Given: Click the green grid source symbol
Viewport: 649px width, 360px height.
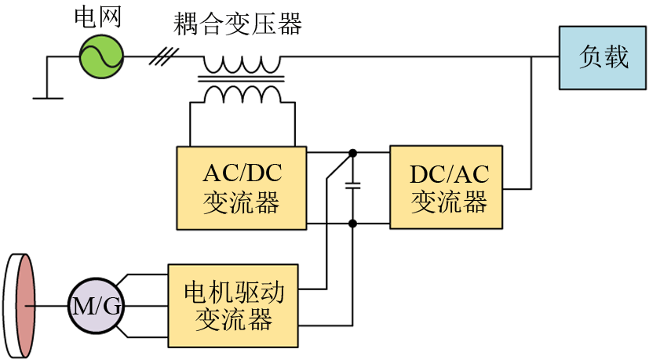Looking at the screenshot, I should tap(102, 56).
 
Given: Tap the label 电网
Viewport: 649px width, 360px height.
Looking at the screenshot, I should tap(97, 16).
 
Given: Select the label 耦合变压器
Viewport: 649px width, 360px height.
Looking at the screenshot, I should tap(237, 24).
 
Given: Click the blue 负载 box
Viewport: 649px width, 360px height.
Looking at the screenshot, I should tap(603, 57).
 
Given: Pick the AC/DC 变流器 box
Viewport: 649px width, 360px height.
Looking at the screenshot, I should tap(241, 187).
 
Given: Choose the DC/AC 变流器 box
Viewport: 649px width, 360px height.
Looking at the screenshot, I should tap(446, 187).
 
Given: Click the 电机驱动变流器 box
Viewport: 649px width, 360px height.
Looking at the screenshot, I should tap(233, 306).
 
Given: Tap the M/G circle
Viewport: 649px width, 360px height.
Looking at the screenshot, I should tap(97, 307).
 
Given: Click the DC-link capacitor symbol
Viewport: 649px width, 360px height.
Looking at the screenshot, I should tap(352, 186).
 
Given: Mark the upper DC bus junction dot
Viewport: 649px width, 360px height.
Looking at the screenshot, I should tap(352, 153).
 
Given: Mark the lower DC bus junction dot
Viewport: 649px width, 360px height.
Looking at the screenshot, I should tap(352, 224).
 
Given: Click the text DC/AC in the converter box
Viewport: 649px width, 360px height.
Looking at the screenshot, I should tap(446, 173).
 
